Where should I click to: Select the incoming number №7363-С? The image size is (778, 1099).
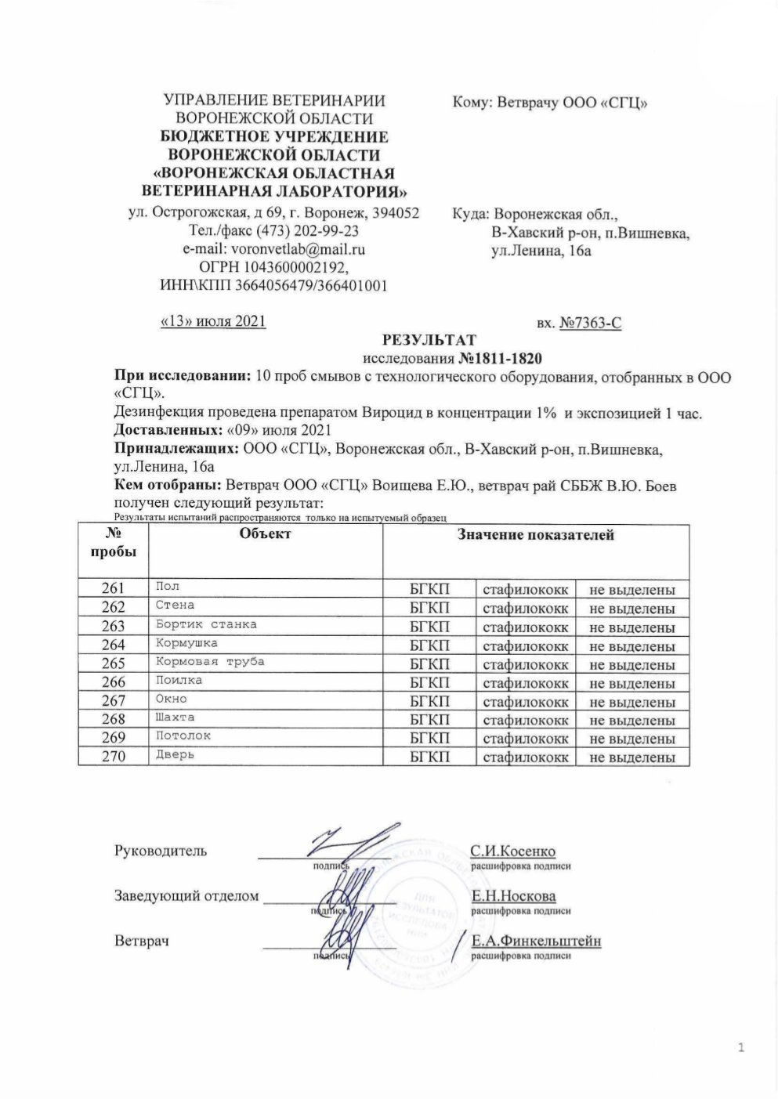click(x=591, y=323)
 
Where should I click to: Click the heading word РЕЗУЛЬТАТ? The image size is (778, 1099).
click(x=429, y=341)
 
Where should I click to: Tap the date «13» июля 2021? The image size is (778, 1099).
click(x=212, y=321)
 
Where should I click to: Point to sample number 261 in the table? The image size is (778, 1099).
click(x=113, y=589)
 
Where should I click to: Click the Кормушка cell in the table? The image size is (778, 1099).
click(x=186, y=643)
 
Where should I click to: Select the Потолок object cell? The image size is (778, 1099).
click(x=183, y=736)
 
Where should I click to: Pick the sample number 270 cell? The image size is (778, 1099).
click(x=113, y=757)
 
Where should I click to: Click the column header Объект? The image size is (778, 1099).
click(x=265, y=534)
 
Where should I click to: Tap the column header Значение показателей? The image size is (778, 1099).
click(x=536, y=536)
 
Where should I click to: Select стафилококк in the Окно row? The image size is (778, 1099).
click(x=525, y=702)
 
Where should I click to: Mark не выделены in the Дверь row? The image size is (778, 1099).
click(x=631, y=757)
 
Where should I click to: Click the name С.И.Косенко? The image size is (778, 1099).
click(x=513, y=851)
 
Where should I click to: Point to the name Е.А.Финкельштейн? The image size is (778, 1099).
click(x=536, y=942)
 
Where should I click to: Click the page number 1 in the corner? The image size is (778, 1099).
click(x=740, y=1048)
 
